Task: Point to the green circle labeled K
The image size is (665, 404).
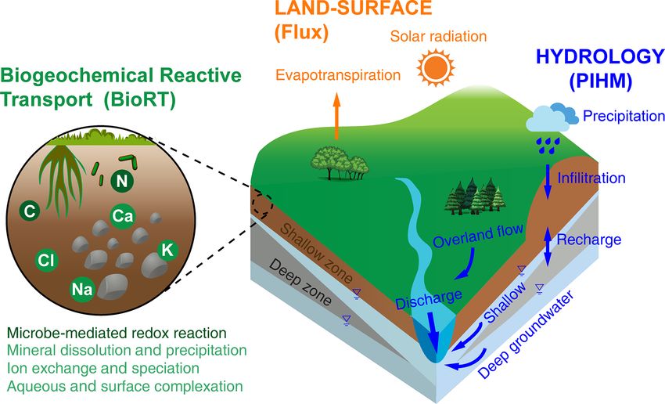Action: pyautogui.click(x=166, y=250)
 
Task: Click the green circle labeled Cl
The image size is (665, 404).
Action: pyautogui.click(x=47, y=258)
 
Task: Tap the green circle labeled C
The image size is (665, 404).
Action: pyautogui.click(x=28, y=211)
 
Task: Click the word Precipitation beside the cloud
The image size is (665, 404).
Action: pyautogui.click(x=624, y=116)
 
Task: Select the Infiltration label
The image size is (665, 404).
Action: pyautogui.click(x=591, y=178)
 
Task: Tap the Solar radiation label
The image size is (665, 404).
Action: pyautogui.click(x=439, y=37)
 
